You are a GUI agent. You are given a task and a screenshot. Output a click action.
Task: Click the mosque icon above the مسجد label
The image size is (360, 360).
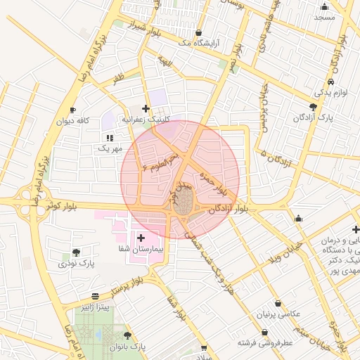tap(324, 6)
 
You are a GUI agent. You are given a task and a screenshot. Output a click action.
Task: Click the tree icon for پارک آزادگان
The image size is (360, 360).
tap(313, 107)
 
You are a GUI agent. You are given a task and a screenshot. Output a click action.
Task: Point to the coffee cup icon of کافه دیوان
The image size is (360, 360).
tap(72, 110)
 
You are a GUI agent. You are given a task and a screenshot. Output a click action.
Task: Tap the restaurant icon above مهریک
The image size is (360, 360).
tap(110, 138)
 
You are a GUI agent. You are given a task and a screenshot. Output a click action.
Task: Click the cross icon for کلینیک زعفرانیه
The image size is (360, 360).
tap(146, 109)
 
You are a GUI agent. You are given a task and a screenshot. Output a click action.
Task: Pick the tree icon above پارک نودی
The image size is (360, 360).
tap(76, 252)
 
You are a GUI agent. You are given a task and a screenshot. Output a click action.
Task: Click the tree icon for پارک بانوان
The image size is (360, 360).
tap(127, 336)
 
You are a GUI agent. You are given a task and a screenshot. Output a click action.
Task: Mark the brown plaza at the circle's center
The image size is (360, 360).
tap(182, 203)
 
